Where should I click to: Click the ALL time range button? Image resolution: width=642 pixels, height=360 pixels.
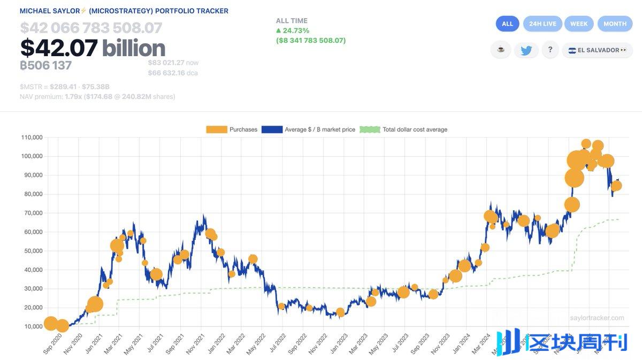tap(507, 24)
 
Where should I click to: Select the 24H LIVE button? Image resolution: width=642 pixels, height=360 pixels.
tap(542, 24)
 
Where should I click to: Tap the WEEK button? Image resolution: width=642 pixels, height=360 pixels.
tap(579, 24)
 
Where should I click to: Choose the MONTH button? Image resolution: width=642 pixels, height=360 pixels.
tap(615, 24)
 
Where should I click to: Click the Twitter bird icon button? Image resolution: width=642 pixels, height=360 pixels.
tap(526, 50)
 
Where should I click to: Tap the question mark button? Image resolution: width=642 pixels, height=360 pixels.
tap(550, 50)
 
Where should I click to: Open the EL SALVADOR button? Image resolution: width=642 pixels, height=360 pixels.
tap(597, 50)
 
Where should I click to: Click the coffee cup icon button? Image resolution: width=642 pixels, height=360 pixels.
tap(501, 50)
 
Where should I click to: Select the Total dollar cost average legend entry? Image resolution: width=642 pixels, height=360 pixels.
tap(403, 129)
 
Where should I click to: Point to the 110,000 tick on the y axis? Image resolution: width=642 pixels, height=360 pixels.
tap(32, 137)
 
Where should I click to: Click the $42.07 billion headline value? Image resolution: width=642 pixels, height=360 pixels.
tap(93, 48)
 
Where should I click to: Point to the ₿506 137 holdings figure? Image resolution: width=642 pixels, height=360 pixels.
tap(45, 65)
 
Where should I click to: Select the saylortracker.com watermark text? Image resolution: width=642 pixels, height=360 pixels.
tap(597, 318)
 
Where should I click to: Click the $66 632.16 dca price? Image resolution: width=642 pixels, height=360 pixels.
tap(172, 73)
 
